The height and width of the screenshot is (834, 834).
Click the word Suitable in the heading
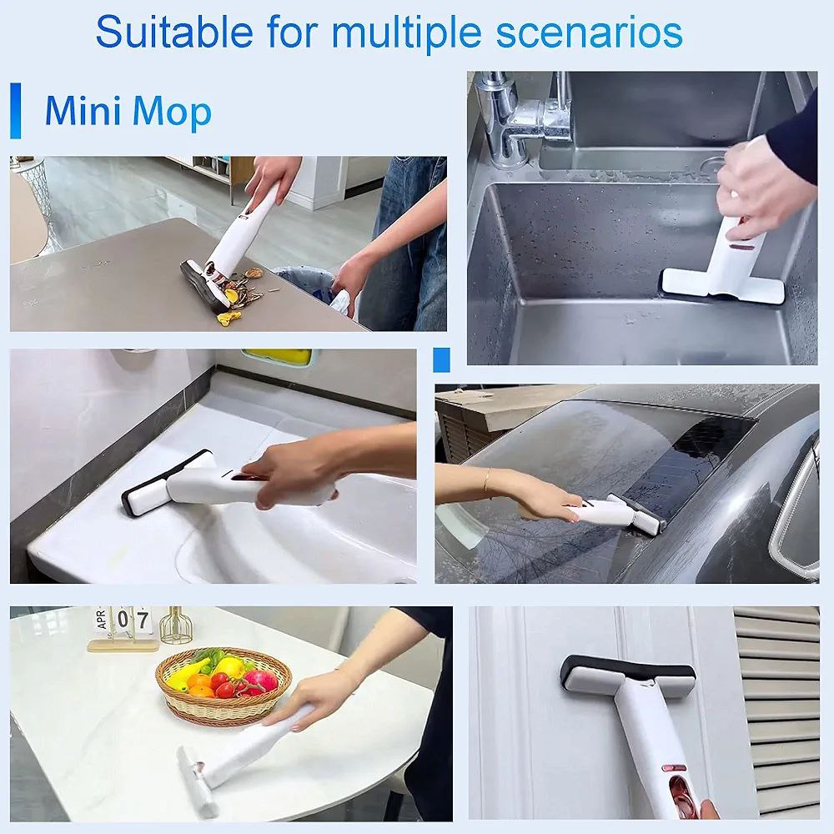173,31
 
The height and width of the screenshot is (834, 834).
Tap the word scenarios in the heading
590,31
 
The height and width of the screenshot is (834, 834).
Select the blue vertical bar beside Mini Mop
14,110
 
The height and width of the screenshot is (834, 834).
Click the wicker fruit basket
224,684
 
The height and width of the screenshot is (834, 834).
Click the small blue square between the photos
442,359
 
